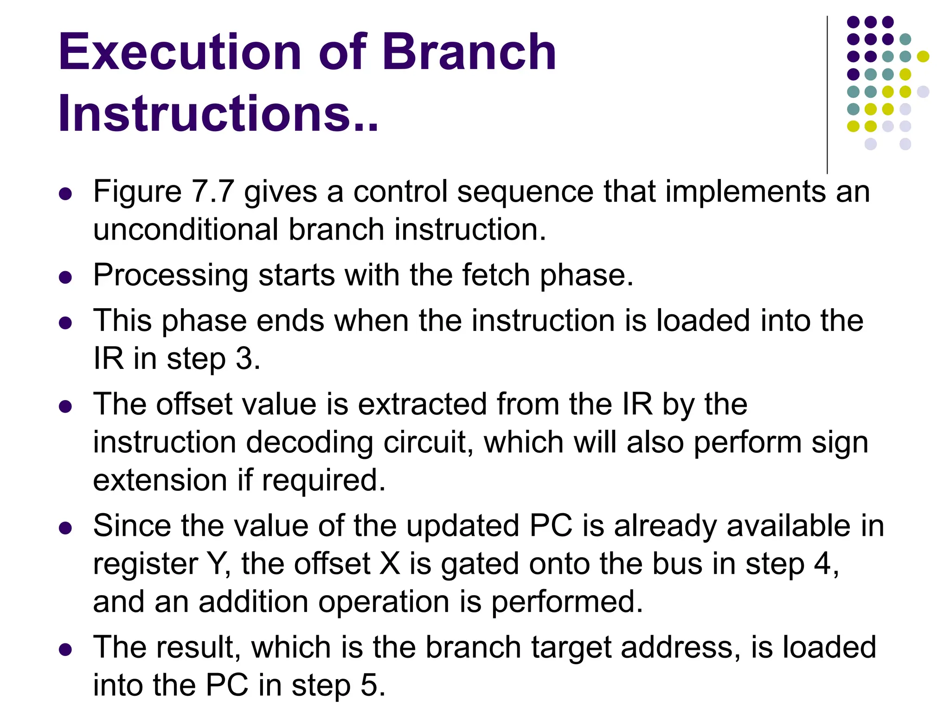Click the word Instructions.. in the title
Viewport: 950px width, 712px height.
(x=218, y=114)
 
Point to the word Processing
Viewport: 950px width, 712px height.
(x=171, y=276)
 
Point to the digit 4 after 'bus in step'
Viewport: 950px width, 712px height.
(x=823, y=564)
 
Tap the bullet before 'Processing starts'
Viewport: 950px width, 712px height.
(x=65, y=277)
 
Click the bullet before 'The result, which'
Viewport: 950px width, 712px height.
(x=65, y=649)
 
